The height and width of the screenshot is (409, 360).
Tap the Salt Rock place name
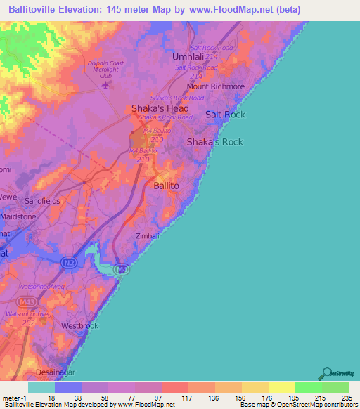click(225, 114)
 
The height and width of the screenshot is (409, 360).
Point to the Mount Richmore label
click(215, 87)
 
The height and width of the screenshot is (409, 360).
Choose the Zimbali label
click(148, 236)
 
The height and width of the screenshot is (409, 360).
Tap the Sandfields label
click(43, 200)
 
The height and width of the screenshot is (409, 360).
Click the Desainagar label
click(55, 372)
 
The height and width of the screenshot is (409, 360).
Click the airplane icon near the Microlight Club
click(106, 86)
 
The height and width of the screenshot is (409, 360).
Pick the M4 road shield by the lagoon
click(122, 268)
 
